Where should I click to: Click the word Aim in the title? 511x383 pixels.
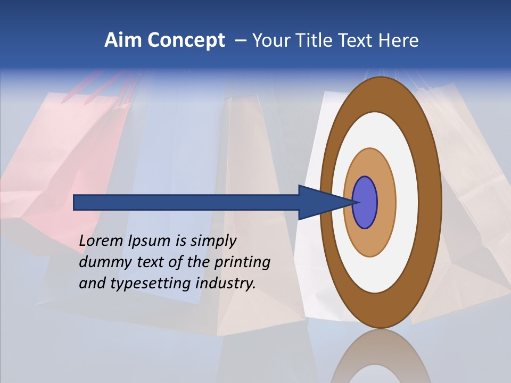click(122, 40)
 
